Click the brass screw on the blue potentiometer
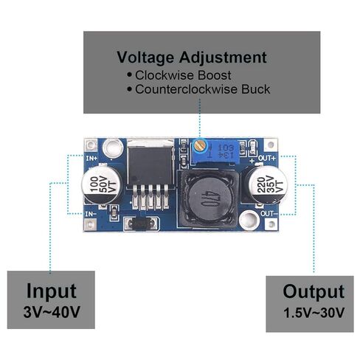point(199,145)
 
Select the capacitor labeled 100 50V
point(102,184)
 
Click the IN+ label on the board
point(91,158)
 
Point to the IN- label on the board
point(91,214)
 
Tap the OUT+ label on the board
point(267,158)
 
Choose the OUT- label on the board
point(269,213)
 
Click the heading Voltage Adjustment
point(192,58)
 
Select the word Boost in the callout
point(215,75)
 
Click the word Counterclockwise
point(187,89)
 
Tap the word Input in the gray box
point(51,291)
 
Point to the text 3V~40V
point(52,312)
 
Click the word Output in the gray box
point(314,292)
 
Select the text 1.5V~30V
point(314,313)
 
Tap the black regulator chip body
point(150,166)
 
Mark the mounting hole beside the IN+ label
point(113,148)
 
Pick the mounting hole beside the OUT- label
point(249,220)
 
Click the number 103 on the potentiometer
point(226,148)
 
